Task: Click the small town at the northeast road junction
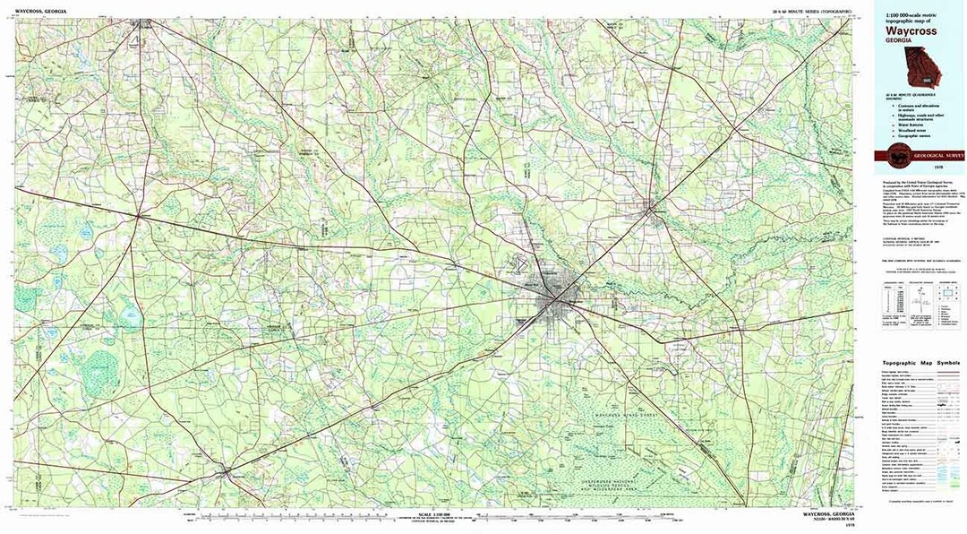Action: coord(652,210)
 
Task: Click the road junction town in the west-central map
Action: coord(137,215)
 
